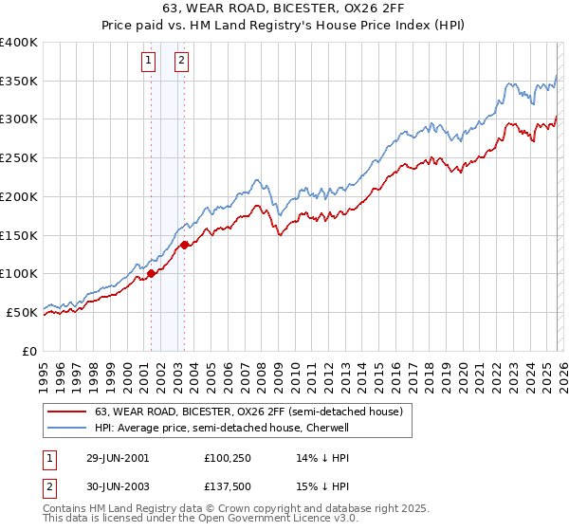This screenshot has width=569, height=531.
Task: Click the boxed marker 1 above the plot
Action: (150, 63)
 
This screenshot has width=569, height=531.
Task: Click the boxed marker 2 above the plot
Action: (181, 63)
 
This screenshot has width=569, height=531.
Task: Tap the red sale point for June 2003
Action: (184, 245)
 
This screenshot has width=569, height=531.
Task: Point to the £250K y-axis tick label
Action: (19, 158)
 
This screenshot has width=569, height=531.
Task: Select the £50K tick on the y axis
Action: (22, 312)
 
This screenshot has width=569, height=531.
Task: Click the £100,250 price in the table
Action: (229, 457)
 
